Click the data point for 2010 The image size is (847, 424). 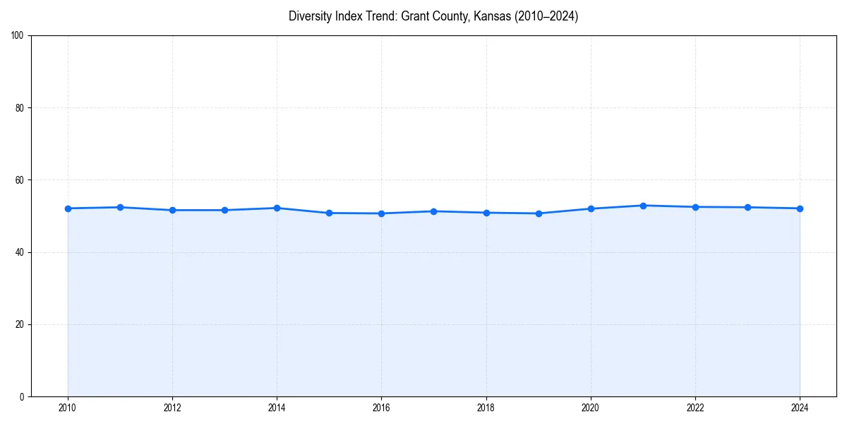68,208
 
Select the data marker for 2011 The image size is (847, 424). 120,207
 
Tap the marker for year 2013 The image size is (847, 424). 224,210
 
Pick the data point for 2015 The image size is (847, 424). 329,213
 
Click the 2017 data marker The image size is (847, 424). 433,211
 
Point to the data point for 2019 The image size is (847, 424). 539,213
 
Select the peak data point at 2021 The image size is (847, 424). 643,206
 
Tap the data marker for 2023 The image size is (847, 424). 747,207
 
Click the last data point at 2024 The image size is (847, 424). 800,208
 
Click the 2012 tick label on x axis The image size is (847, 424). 172,408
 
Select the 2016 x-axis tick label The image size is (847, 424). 381,408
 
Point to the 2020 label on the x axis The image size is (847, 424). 591,408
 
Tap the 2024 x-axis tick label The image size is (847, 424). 800,408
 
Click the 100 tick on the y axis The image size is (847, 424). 18,36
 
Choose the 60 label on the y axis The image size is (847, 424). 20,180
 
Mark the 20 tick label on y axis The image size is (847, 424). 20,324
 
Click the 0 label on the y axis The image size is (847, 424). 22,396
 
